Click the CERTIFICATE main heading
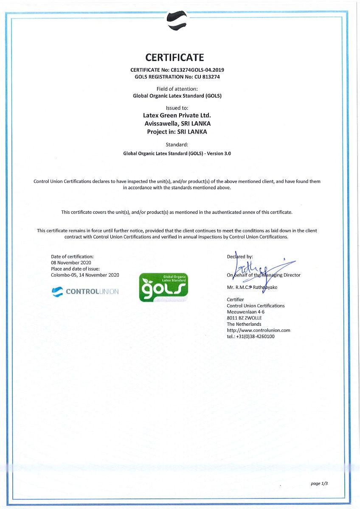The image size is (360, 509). pyautogui.click(x=175, y=57)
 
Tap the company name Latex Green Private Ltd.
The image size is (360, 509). pyautogui.click(x=177, y=115)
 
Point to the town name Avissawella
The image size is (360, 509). pyautogui.click(x=160, y=123)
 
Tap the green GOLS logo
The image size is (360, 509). pyautogui.click(x=163, y=288)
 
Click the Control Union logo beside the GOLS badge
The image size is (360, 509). pyautogui.click(x=85, y=291)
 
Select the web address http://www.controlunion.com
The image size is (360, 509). pyautogui.click(x=259, y=330)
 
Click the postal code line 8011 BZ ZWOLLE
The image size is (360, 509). pyautogui.click(x=245, y=318)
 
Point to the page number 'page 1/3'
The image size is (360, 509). pyautogui.click(x=319, y=484)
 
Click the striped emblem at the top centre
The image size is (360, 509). pyautogui.click(x=177, y=20)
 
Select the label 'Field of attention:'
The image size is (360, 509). pyautogui.click(x=177, y=89)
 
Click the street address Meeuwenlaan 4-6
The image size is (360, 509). pyautogui.click(x=246, y=312)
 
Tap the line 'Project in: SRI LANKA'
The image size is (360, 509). pyautogui.click(x=177, y=131)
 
